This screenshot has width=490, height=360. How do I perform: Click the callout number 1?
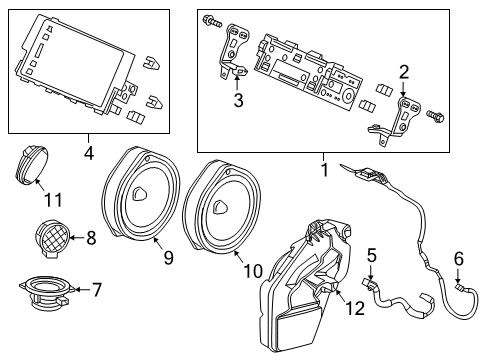(322, 171)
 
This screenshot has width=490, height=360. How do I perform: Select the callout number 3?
(237, 100)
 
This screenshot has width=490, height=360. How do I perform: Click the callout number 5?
(370, 255)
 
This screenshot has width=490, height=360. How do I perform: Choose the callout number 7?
(96, 290)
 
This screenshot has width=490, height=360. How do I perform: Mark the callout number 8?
(91, 238)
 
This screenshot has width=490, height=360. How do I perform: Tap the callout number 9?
(168, 258)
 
